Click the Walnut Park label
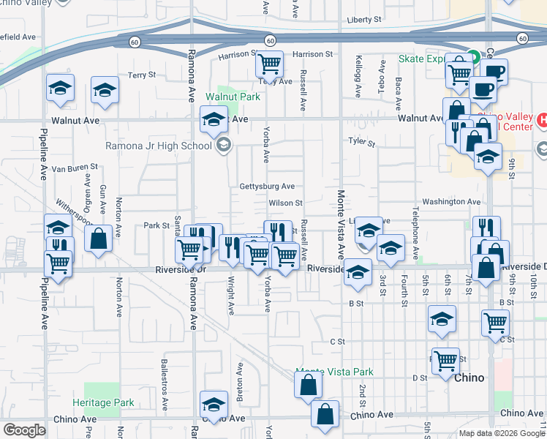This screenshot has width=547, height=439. point(233,97)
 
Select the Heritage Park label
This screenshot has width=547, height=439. point(103,402)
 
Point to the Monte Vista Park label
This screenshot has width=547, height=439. point(334,372)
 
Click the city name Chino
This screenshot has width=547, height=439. point(469,378)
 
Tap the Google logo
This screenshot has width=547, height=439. point(24,429)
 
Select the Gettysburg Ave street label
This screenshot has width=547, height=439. point(267,187)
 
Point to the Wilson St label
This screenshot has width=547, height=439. point(285,203)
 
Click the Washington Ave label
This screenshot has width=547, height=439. point(451,201)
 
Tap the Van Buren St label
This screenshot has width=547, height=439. point(74,168)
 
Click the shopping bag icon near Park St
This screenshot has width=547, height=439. point(97,238)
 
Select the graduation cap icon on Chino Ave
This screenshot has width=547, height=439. point(213,405)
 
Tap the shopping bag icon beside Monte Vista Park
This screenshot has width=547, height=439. point(308,384)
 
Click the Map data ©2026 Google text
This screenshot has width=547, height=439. point(502,433)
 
